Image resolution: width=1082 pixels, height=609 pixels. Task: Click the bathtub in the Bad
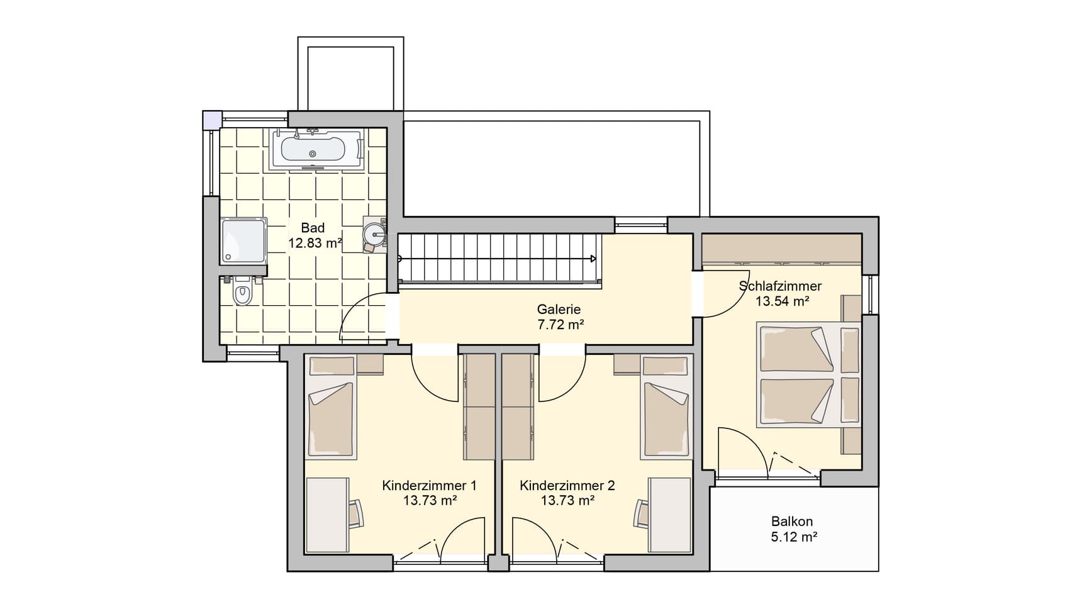point(317,149)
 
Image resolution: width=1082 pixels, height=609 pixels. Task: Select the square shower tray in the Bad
point(244,240)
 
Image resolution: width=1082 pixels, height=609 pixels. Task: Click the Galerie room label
point(559,310)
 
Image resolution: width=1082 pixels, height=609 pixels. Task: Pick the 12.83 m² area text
point(315,243)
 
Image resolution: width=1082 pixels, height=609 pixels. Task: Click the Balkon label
point(792,522)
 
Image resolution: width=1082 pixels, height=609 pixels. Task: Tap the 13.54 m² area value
point(782,301)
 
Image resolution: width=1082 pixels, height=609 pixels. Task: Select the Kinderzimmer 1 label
point(429,486)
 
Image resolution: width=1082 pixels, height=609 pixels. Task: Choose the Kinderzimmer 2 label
point(567,486)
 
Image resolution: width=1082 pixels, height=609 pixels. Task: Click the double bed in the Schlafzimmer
point(809,374)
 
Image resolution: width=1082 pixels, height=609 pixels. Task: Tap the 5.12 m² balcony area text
point(793,537)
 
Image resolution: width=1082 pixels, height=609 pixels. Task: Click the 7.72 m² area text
point(559,325)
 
